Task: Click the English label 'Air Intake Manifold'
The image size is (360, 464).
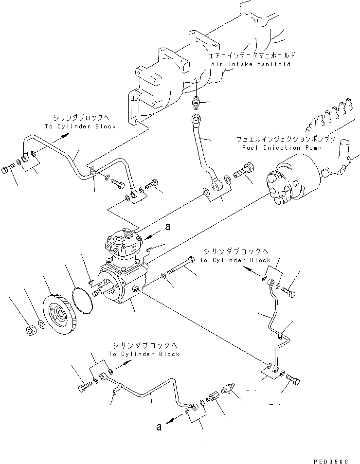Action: (251, 64)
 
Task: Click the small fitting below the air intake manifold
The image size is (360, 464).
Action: (196, 103)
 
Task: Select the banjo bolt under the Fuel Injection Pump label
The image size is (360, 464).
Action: (242, 173)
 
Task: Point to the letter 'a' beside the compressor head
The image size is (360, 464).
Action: (168, 226)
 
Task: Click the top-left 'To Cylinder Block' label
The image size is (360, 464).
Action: (80, 126)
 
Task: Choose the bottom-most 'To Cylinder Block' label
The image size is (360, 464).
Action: (144, 354)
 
